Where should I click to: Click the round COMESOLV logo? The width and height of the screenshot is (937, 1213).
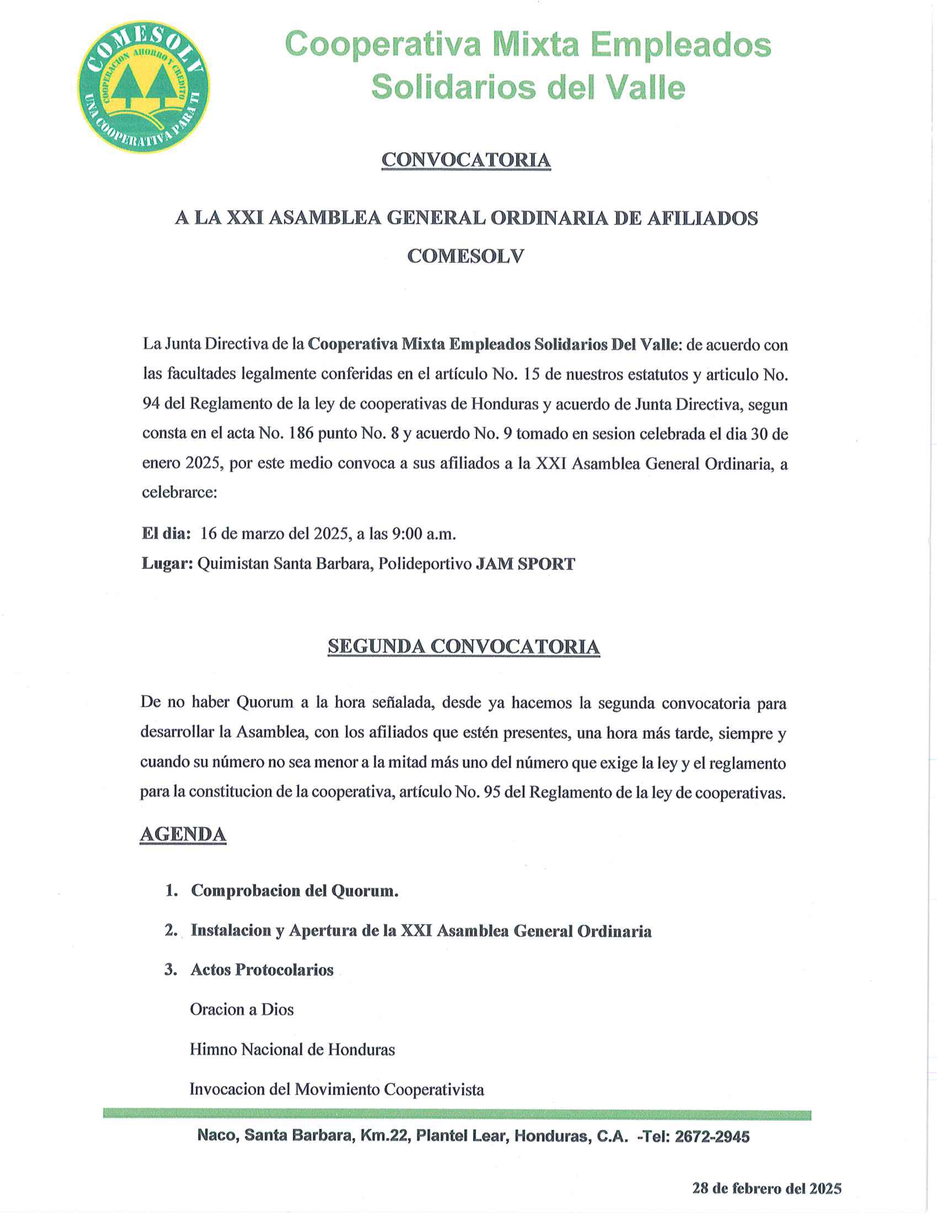tap(144, 87)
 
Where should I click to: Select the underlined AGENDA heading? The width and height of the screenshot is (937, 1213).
tap(183, 834)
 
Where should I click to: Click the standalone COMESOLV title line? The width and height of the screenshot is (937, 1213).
tap(466, 256)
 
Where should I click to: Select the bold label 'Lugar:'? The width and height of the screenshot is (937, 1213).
tap(167, 564)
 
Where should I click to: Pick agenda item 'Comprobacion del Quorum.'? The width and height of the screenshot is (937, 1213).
tap(295, 890)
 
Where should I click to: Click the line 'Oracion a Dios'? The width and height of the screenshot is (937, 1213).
tap(241, 1009)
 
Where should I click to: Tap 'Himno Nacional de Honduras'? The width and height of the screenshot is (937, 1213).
tap(292, 1049)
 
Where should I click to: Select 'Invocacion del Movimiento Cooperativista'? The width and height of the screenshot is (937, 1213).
tap(336, 1089)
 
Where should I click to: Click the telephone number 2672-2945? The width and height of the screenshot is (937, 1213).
tap(712, 1136)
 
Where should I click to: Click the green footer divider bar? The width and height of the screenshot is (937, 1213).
tap(456, 1115)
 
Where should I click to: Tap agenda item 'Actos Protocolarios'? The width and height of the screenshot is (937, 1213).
tap(262, 969)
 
